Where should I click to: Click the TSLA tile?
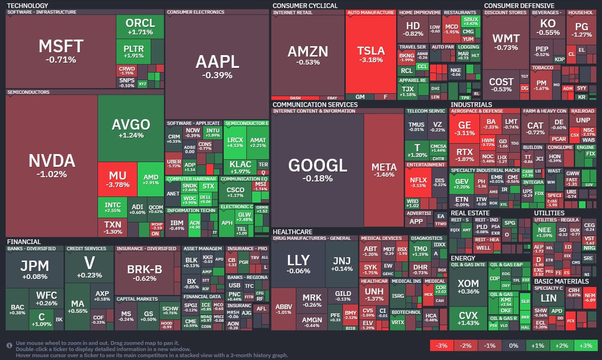pos(371,54)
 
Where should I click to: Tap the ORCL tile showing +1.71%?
pos(140,26)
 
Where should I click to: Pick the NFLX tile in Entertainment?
pos(418,182)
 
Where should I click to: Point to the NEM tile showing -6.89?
pos(589,297)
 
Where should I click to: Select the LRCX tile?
pos(235,142)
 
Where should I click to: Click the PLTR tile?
pos(133,51)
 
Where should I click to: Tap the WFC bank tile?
pos(46,298)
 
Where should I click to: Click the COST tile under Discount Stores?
pos(501,85)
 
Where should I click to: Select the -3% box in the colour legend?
pos(442,345)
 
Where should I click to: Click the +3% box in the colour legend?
pos(586,345)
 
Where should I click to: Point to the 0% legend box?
pos(513,345)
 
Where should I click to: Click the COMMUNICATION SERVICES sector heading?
pos(315,105)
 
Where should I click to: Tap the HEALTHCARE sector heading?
pos(292,232)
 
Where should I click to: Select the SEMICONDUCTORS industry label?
pos(28,92)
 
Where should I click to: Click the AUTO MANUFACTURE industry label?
pos(371,13)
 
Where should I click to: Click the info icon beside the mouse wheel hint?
pos(9,345)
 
